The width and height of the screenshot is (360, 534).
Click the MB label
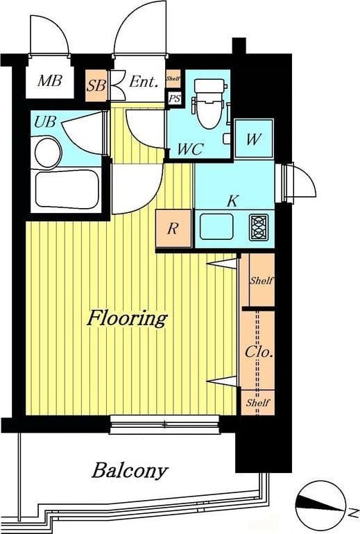(x=50, y=81)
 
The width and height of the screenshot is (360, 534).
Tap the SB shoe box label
(x=96, y=85)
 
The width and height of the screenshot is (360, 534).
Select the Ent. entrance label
(x=144, y=82)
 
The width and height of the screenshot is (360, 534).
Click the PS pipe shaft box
(x=174, y=98)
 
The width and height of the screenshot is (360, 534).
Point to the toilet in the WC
(x=208, y=103)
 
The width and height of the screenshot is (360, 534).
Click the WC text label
(x=190, y=149)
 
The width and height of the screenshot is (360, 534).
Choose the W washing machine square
(x=254, y=138)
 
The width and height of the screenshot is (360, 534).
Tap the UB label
(x=45, y=121)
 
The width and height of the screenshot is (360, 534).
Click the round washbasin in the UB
(x=48, y=153)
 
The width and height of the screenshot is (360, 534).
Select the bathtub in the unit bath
(x=67, y=190)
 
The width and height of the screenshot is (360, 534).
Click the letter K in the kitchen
(x=233, y=201)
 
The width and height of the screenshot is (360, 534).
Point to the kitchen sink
(x=216, y=227)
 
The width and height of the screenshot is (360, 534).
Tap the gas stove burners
(x=259, y=227)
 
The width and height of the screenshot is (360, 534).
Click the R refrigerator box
(x=173, y=228)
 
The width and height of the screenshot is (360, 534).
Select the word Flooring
(x=127, y=318)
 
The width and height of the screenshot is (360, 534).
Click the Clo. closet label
(x=259, y=352)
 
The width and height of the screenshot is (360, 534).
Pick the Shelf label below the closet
(x=258, y=403)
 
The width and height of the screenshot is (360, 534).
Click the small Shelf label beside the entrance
(x=173, y=78)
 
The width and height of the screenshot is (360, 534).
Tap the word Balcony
(x=130, y=471)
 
